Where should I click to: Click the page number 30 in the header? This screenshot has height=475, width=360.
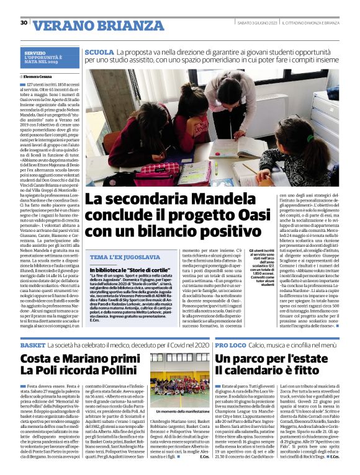tap(24, 22)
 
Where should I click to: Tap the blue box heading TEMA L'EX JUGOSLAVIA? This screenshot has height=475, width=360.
tap(118, 257)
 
